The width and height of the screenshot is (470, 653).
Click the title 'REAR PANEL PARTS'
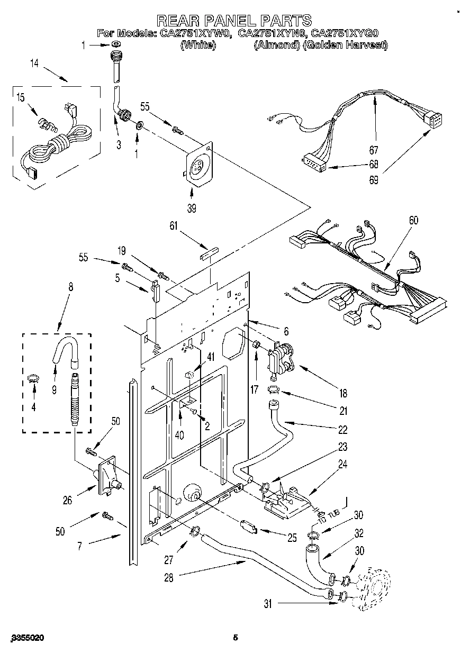(234, 21)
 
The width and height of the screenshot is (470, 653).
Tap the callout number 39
(192, 208)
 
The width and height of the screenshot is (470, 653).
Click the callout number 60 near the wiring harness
(413, 220)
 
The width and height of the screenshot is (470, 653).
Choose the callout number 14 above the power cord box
(34, 64)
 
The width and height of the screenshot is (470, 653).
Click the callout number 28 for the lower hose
(168, 578)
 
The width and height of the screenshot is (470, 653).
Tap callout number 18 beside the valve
(343, 393)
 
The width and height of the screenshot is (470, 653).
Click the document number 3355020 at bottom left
(23, 638)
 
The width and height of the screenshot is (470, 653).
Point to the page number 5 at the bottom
(236, 638)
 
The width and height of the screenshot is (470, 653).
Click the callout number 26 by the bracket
(67, 499)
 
